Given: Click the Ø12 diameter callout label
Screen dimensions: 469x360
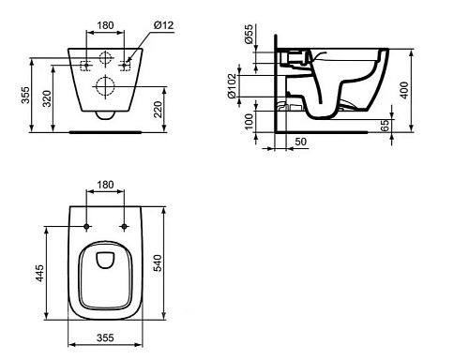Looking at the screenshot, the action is [163, 24].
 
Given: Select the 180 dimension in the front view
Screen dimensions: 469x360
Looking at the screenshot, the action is [105, 25].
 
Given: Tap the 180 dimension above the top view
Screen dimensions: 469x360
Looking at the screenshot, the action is [105, 185].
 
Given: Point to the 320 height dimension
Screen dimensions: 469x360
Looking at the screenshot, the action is [47, 98].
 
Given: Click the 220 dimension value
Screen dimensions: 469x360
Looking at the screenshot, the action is [159, 109].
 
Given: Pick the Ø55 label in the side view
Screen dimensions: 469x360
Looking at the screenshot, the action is [249, 34].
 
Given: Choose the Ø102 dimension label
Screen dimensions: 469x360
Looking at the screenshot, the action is [233, 86].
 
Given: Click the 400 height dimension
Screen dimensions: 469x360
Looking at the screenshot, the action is [404, 90].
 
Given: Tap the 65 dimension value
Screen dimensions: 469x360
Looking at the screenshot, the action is [386, 125].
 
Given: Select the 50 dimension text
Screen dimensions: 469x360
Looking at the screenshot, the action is [300, 142].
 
